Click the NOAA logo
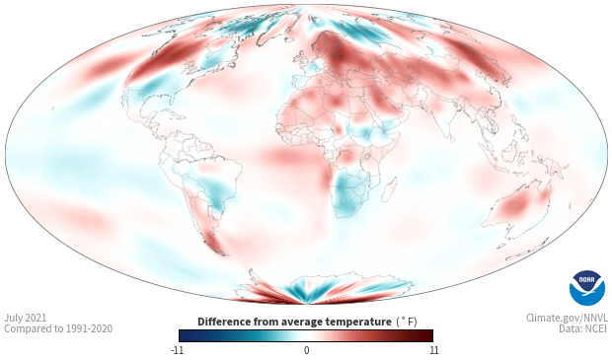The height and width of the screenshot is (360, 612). [x=587, y=288]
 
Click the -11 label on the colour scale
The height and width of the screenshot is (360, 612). [x=178, y=350]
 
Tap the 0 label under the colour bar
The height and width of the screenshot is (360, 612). [x=306, y=350]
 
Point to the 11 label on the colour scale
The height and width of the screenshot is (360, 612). [x=433, y=350]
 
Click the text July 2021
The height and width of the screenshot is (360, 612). [x=25, y=318]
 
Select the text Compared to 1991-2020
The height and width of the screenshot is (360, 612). [x=58, y=328]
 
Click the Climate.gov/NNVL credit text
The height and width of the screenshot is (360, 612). [x=567, y=318]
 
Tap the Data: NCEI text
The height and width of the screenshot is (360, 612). [x=583, y=328]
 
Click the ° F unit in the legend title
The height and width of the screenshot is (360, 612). [x=407, y=322]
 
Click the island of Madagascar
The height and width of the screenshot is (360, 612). [x=389, y=189]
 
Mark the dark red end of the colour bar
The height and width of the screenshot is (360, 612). [x=427, y=335]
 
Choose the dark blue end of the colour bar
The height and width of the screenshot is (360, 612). [x=185, y=335]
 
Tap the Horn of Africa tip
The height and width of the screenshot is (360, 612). [x=399, y=133]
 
